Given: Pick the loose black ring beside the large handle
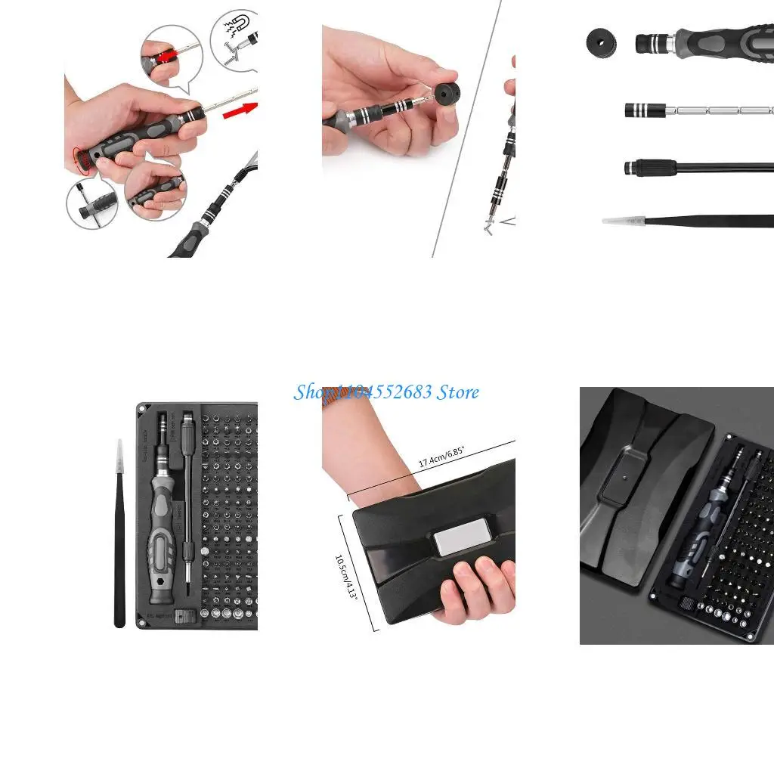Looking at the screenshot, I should (x=601, y=41).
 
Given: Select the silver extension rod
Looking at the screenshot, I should (x=718, y=110).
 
